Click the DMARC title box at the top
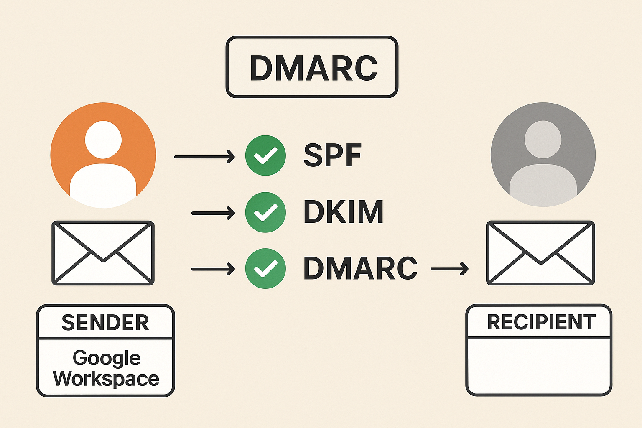click(x=312, y=67)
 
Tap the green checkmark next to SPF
click(x=265, y=155)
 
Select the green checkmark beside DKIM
click(x=265, y=212)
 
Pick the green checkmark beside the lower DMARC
click(x=265, y=269)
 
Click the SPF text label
click(x=332, y=155)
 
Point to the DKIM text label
click(x=343, y=212)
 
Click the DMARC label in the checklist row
click(x=360, y=268)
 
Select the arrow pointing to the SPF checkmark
click(x=204, y=157)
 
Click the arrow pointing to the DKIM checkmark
click(x=213, y=213)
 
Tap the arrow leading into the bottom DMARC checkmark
click(x=213, y=269)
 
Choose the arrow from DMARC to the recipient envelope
click(x=449, y=269)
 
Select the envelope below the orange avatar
click(x=103, y=253)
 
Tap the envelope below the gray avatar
click(x=540, y=253)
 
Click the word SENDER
click(x=105, y=323)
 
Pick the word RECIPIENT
click(x=541, y=322)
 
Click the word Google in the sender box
click(x=107, y=358)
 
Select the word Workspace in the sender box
click(x=106, y=378)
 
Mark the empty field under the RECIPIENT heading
click(x=539, y=365)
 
